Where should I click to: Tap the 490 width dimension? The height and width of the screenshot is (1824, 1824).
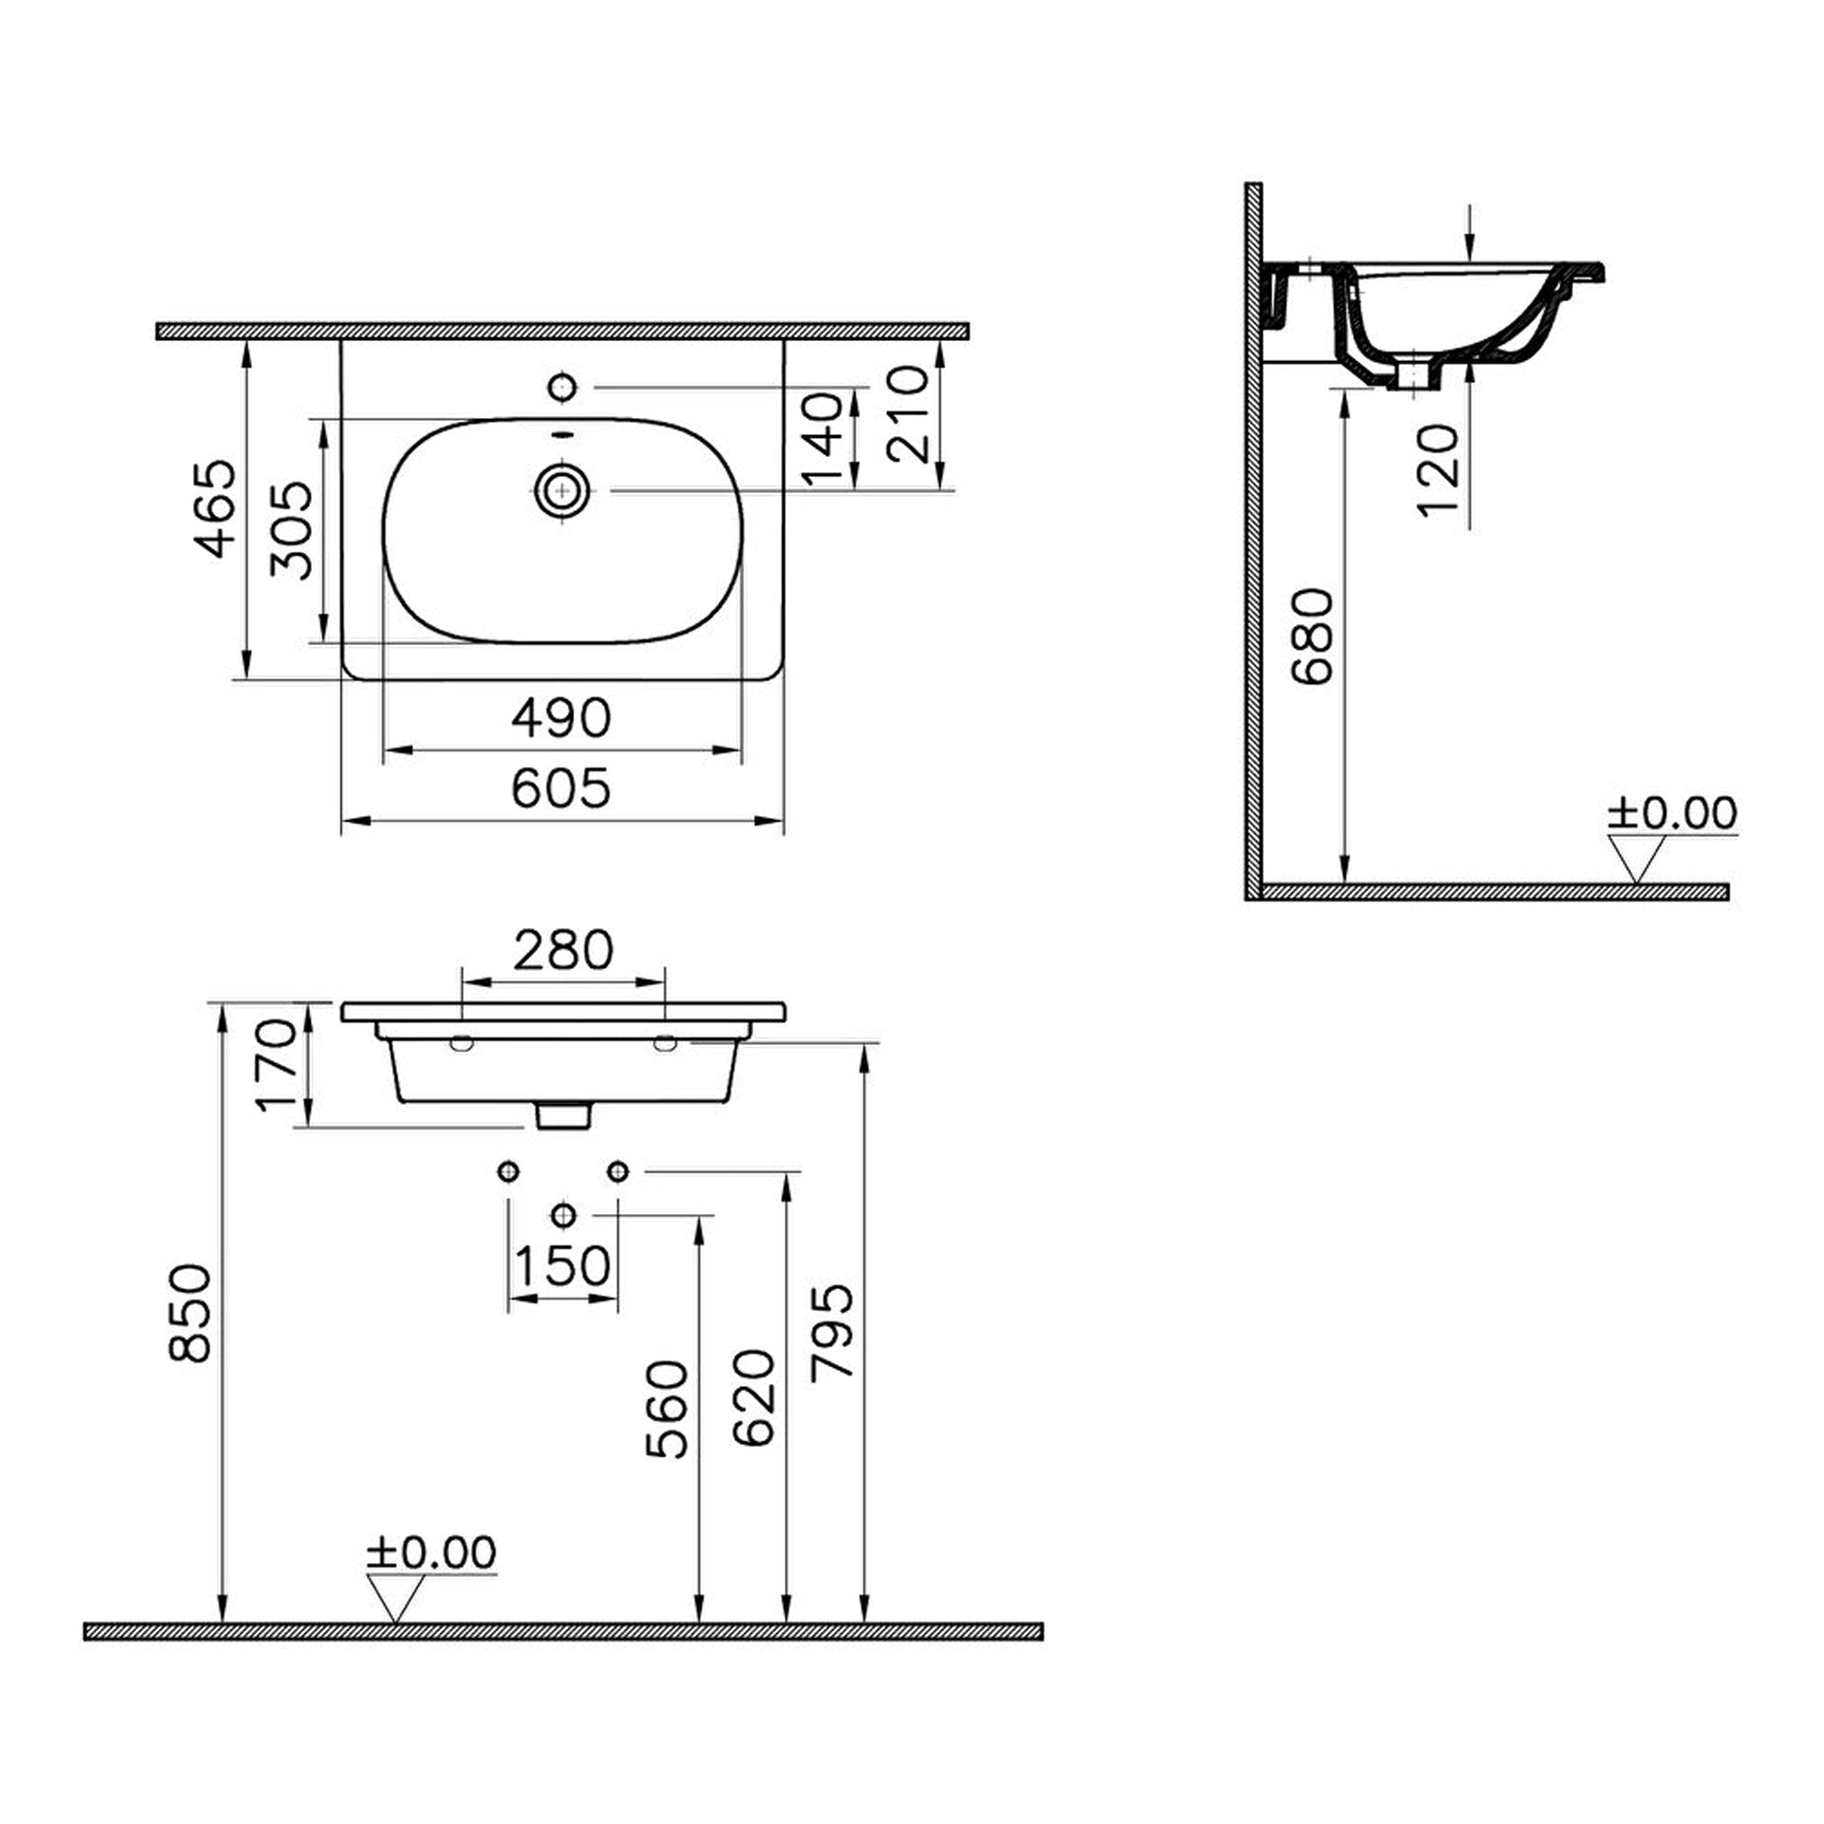tap(561, 717)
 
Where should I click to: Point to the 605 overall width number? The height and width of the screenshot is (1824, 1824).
tap(561, 788)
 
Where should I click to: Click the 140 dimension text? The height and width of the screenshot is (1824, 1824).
tap(823, 438)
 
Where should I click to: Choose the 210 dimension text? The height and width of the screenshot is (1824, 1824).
tap(907, 414)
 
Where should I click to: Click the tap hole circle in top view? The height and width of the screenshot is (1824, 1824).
tap(562, 388)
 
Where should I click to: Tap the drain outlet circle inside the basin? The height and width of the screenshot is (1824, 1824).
tap(562, 491)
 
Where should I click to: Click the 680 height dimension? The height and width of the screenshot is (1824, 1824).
tap(1313, 636)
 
